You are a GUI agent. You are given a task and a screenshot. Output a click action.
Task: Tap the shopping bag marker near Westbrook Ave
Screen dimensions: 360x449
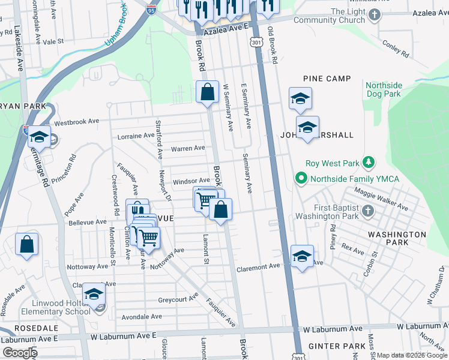click(x=207, y=92)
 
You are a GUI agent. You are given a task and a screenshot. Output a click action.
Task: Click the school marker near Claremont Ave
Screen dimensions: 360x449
click(x=302, y=256)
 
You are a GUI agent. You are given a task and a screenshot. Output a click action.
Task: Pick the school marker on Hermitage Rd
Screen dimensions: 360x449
click(x=40, y=137)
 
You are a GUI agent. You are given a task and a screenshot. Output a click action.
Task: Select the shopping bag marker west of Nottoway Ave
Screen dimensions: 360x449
click(x=27, y=245)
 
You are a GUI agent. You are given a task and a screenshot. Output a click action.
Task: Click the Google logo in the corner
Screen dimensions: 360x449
click(x=19, y=352)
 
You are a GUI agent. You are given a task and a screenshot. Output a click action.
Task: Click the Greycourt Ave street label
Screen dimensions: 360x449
click(x=178, y=298)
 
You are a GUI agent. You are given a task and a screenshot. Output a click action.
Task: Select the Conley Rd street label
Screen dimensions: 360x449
click(x=395, y=49)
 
